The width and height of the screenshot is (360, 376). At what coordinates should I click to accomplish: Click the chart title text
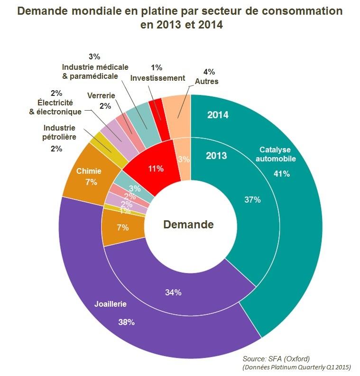click(x=180, y=18)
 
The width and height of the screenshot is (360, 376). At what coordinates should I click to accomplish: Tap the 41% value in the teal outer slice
click(x=282, y=174)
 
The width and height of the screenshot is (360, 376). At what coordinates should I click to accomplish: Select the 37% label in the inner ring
click(x=252, y=200)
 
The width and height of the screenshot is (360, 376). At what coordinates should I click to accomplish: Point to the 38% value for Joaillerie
click(x=127, y=322)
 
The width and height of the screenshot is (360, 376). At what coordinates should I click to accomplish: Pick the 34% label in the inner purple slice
click(x=173, y=292)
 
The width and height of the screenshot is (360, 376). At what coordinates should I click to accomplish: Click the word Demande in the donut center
click(x=188, y=225)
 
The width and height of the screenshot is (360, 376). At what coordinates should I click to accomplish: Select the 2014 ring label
click(x=218, y=115)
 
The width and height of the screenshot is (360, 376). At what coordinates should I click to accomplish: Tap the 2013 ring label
click(x=216, y=156)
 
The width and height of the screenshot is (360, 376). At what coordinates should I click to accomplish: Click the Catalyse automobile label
click(x=276, y=154)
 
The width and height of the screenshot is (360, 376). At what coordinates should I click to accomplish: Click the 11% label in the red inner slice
click(x=156, y=168)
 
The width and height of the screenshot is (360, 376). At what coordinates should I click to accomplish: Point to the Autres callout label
click(x=207, y=82)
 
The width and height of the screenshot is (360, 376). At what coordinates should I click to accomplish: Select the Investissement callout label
click(x=157, y=78)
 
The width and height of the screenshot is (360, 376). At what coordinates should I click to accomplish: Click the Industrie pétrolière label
click(x=59, y=132)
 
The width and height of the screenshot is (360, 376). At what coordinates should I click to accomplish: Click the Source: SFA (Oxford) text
click(x=276, y=358)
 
